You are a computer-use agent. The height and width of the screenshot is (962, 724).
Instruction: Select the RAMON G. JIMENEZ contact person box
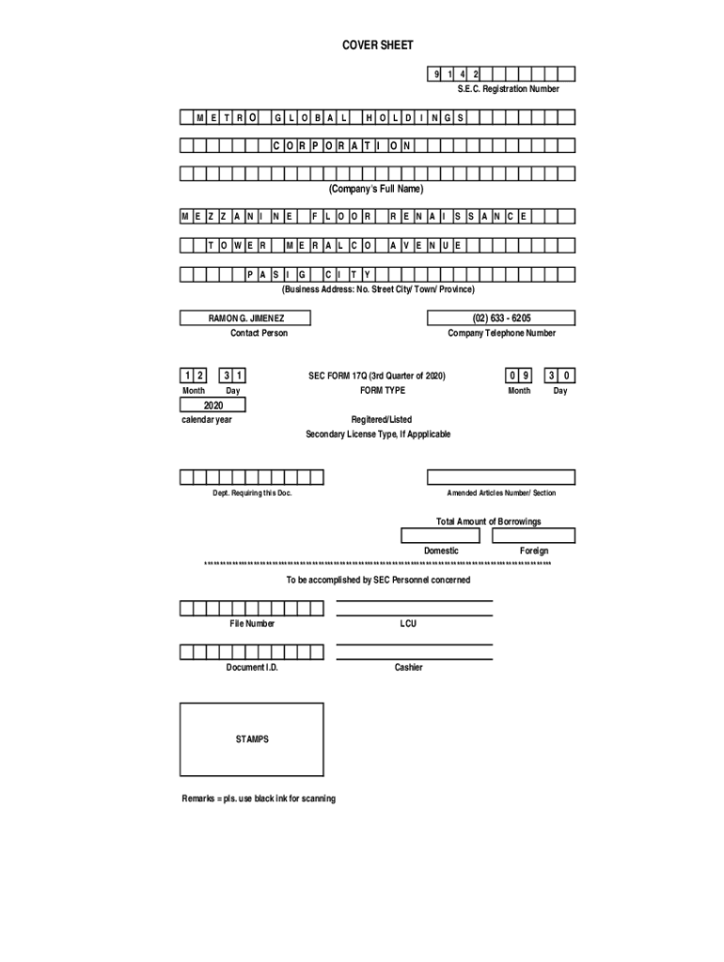[x=245, y=318]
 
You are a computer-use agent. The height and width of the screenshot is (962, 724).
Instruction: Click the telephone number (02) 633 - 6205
[x=501, y=318]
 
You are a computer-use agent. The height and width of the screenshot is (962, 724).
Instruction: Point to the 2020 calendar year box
[x=212, y=406]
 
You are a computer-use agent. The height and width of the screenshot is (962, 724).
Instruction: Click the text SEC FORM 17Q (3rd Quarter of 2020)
[x=377, y=376]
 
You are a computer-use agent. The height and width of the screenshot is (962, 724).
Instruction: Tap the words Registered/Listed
[x=382, y=419]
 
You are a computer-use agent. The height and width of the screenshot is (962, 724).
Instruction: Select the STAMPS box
[x=252, y=739]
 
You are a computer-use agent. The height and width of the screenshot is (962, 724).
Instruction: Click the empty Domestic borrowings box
[x=441, y=535]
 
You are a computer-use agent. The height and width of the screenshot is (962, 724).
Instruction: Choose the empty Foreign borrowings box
[x=533, y=535]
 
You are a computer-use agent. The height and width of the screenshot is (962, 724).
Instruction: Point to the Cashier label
[x=409, y=667]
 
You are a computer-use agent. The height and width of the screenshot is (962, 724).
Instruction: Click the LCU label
[x=408, y=624]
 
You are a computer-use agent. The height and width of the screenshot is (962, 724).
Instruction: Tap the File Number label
[x=252, y=624]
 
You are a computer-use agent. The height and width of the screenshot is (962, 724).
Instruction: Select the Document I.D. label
[x=252, y=667]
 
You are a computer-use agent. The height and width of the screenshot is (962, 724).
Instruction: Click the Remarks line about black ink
[x=259, y=799]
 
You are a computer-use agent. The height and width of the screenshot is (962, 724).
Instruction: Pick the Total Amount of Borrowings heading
[x=488, y=521]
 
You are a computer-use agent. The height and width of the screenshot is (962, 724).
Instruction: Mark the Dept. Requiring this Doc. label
[x=252, y=493]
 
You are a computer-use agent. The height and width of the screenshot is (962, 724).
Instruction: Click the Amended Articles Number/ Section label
[x=501, y=493]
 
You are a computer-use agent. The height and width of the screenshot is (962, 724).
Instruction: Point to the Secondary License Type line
[x=378, y=434]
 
